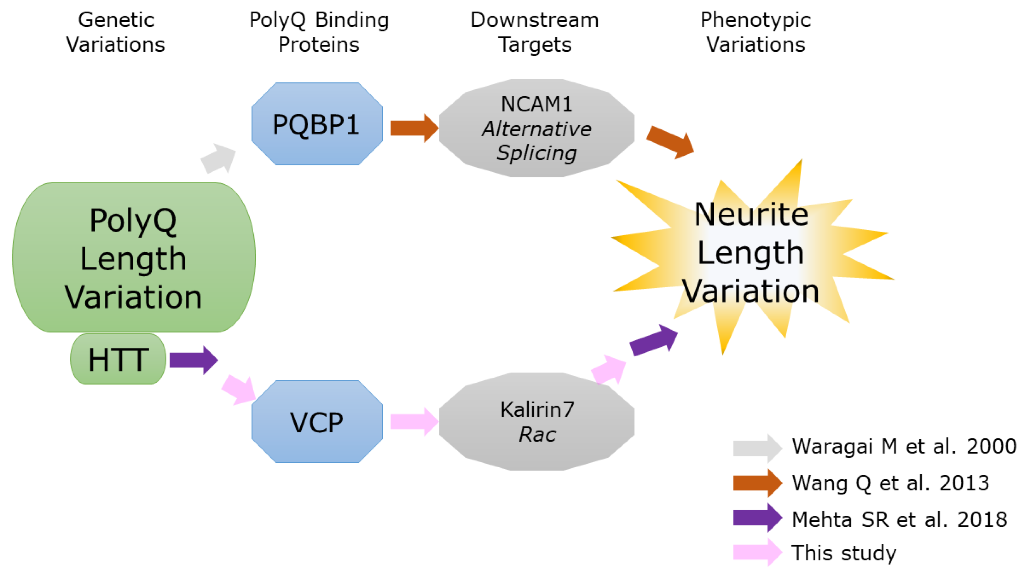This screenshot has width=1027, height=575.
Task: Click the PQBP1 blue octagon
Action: (x=317, y=124)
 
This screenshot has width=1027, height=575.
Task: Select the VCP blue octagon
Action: (x=317, y=421)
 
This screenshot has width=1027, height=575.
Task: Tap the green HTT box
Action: (x=118, y=359)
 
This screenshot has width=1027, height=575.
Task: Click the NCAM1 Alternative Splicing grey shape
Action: (x=536, y=128)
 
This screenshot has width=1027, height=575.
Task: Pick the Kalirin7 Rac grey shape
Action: (x=536, y=421)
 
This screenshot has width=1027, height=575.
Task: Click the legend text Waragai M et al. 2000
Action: (x=903, y=446)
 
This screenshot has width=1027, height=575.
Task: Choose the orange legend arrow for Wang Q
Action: (x=757, y=483)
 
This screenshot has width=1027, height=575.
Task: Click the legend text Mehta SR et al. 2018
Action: (x=899, y=520)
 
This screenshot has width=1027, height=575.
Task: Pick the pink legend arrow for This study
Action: (x=757, y=552)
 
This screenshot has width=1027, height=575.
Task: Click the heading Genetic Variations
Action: (x=116, y=32)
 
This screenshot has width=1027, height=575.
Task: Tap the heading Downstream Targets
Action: (x=534, y=32)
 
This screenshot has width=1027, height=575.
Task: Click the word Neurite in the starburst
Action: (x=751, y=215)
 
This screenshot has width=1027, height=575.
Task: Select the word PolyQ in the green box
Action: (x=133, y=220)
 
